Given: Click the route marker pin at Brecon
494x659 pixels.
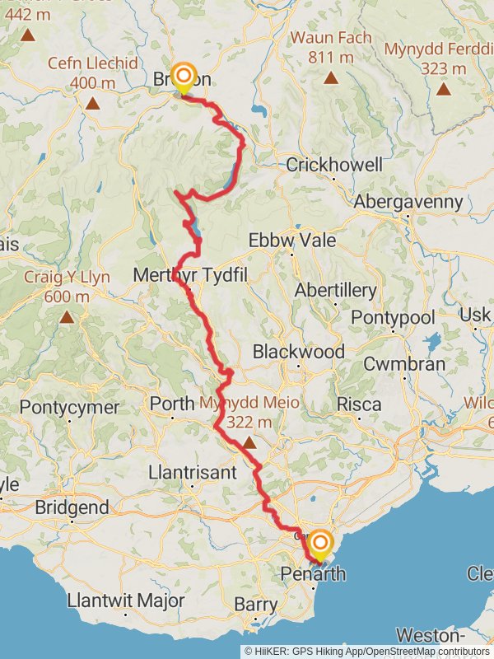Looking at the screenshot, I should pos(182,78).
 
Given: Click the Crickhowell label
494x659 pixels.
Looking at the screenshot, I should pos(334,165).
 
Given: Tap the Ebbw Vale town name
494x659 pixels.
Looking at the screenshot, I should pos(292,240).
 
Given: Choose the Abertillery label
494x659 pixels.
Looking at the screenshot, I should pos(336,290).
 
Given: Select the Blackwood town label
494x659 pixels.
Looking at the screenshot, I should pos(299,352).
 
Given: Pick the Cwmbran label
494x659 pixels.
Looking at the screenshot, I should pos(404,363).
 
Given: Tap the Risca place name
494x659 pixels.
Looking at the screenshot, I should pos(360,404).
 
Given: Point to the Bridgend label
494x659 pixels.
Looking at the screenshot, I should pos(72,507).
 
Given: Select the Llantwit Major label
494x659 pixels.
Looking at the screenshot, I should pos(126,600).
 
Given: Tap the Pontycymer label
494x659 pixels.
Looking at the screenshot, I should pos(69,407).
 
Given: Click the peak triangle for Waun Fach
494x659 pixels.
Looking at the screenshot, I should pos(331,78).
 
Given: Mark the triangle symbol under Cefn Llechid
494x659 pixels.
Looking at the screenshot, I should pos(92,104).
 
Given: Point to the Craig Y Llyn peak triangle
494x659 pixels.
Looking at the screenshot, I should pos(67,316).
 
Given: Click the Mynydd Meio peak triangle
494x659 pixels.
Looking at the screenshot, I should pos(249,442).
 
